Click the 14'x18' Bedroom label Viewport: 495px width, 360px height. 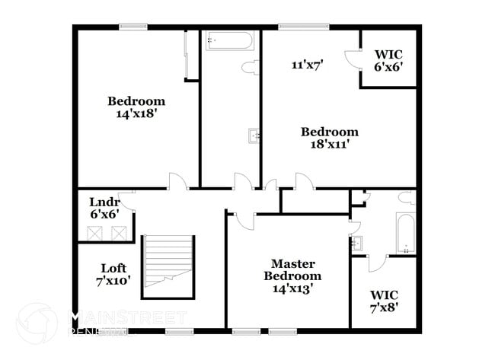click(x=136, y=107)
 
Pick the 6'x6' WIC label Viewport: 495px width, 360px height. click(x=388, y=61)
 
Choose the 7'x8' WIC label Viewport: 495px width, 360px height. click(x=384, y=301)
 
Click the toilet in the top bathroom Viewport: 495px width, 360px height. click(x=249, y=68)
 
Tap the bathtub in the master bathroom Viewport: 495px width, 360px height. click(x=405, y=233)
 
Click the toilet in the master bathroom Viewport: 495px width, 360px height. click(x=407, y=199)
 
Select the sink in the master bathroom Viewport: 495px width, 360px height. click(x=356, y=244)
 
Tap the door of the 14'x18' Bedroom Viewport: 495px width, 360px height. click(x=177, y=182)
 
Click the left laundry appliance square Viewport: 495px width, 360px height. click(x=96, y=233)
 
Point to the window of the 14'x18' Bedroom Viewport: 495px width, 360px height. click(x=133, y=27)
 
